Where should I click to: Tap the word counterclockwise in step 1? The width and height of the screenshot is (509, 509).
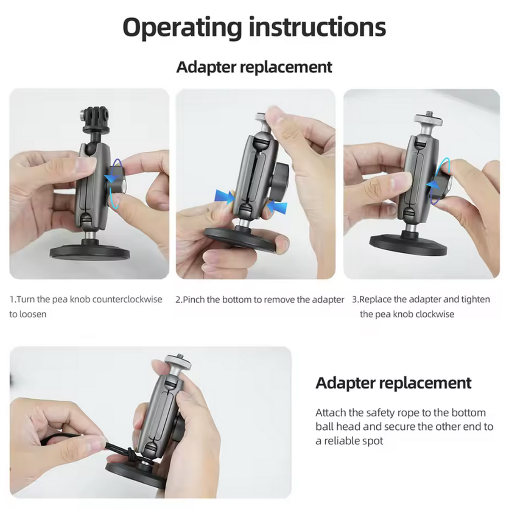tap(127, 299)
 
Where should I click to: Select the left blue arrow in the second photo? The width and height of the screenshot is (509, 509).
tap(225, 196)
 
